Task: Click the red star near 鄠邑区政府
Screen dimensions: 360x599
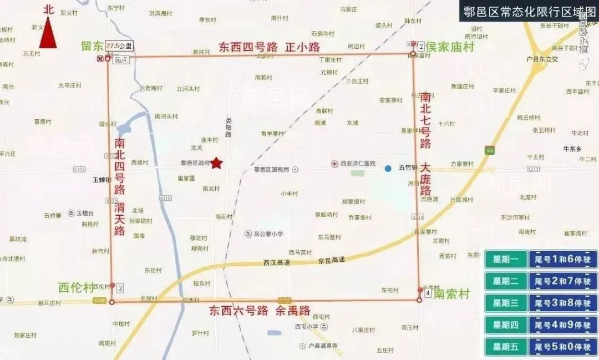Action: (216, 163)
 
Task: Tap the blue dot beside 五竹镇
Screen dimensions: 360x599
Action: (388, 168)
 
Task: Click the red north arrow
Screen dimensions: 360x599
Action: (48, 33)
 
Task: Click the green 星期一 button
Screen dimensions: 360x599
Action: (505, 260)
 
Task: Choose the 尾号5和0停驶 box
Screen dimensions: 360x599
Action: (562, 347)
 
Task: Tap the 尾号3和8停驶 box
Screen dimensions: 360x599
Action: (562, 303)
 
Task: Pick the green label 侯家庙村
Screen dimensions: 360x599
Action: (450, 47)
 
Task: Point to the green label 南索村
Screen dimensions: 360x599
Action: (451, 293)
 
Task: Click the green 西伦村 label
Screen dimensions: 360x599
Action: (75, 287)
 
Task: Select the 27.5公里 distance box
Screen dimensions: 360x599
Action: (119, 46)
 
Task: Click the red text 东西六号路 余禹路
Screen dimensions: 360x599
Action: (260, 311)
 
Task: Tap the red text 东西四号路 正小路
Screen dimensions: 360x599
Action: (270, 47)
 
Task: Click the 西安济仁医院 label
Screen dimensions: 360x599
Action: (357, 164)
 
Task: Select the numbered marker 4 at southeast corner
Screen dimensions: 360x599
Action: (428, 292)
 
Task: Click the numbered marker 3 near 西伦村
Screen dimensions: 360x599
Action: (120, 288)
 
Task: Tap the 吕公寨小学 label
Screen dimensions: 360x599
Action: (268, 234)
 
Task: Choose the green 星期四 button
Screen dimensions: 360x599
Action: (505, 324)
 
